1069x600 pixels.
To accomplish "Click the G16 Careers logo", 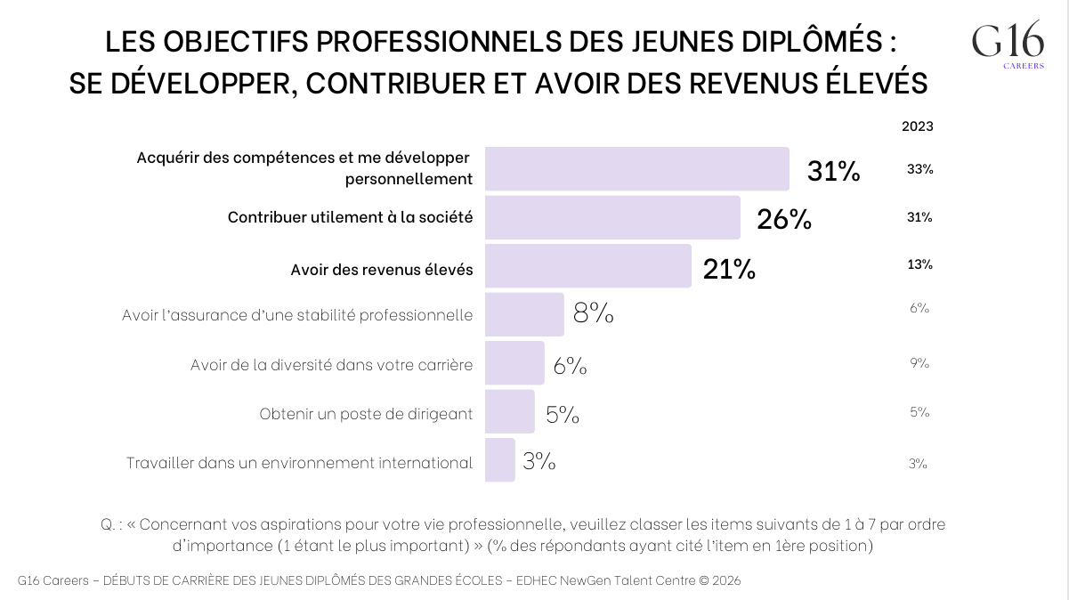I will pyautogui.click(x=1008, y=45).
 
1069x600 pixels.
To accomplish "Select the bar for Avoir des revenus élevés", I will pyautogui.click(x=587, y=266).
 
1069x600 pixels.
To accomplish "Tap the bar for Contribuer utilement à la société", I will pyautogui.click(x=612, y=218).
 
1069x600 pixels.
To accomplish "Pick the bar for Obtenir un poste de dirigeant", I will pyautogui.click(x=509, y=411).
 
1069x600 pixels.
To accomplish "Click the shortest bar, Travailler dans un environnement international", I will pyautogui.click(x=499, y=460).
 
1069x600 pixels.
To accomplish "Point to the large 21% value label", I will pyautogui.click(x=729, y=269).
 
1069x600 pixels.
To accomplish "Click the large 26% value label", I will pyautogui.click(x=783, y=220).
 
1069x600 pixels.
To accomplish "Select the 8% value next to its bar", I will pyautogui.click(x=593, y=313).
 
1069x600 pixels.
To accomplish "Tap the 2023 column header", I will pyautogui.click(x=918, y=126).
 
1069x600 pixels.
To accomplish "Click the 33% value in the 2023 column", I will pyautogui.click(x=919, y=169).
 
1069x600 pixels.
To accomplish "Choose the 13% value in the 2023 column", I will pyautogui.click(x=919, y=264).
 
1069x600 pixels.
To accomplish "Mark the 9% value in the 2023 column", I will pyautogui.click(x=919, y=363).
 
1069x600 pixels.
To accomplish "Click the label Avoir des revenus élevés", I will pyautogui.click(x=382, y=270).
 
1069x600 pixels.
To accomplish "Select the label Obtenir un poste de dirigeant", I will pyautogui.click(x=366, y=415).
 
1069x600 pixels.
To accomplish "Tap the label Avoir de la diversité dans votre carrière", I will pyautogui.click(x=331, y=366).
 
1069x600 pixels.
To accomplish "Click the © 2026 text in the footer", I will pyautogui.click(x=719, y=580).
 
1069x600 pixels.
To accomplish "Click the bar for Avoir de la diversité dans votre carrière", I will pyautogui.click(x=514, y=363).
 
